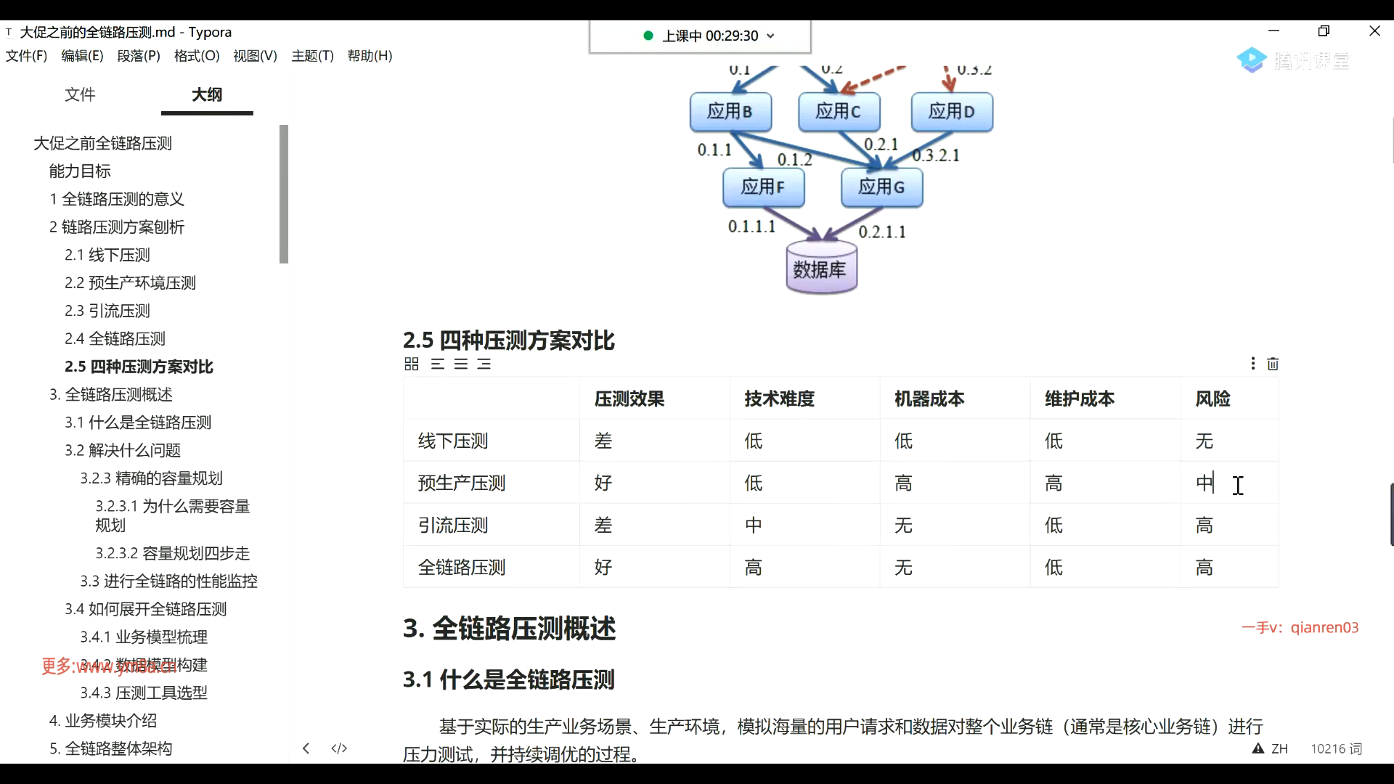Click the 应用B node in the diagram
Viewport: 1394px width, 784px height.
tap(730, 112)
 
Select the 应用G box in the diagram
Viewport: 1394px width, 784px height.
tap(881, 187)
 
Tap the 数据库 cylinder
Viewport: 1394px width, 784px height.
tap(821, 269)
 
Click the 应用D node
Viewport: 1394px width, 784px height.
tap(952, 112)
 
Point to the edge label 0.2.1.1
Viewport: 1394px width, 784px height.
tap(882, 232)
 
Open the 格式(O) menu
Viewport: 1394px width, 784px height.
tap(197, 56)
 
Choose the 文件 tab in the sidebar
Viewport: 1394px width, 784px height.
tap(80, 94)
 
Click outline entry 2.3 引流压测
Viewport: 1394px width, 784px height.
tap(107, 311)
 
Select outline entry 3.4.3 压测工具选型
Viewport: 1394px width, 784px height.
tap(144, 693)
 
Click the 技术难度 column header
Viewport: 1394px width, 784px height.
tap(779, 399)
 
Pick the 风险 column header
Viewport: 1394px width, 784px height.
tap(1212, 399)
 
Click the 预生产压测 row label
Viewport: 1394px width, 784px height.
tap(462, 483)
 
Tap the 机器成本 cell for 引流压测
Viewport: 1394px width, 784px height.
tap(903, 525)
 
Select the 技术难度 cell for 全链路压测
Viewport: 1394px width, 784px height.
tap(754, 567)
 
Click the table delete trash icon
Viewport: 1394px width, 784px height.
tap(1273, 364)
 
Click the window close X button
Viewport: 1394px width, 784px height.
tap(1374, 31)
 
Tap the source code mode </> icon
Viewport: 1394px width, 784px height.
tap(339, 748)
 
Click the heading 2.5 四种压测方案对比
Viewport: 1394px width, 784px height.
tap(508, 340)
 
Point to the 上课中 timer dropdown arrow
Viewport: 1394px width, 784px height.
tap(770, 36)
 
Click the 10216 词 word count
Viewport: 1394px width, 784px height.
tap(1336, 749)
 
